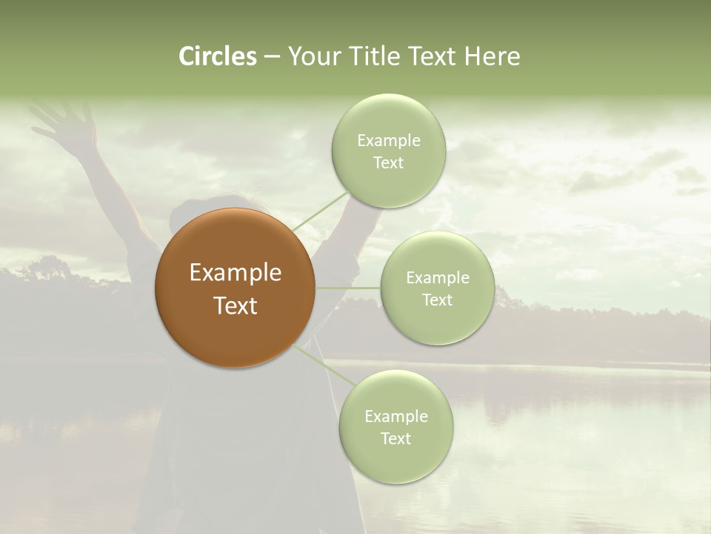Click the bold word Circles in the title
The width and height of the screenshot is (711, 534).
click(x=218, y=56)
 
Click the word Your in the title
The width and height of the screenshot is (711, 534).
click(x=314, y=56)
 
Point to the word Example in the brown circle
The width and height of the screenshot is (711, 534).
click(x=236, y=273)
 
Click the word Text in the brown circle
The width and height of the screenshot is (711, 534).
click(x=236, y=306)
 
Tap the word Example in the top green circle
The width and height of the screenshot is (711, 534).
click(x=389, y=141)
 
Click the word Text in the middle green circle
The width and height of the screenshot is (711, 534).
click(x=437, y=300)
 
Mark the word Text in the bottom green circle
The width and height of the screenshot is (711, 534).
click(x=395, y=438)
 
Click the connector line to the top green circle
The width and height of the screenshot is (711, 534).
click(x=320, y=211)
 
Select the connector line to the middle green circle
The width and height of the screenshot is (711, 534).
click(x=348, y=288)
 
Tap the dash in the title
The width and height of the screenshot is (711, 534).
click(x=272, y=57)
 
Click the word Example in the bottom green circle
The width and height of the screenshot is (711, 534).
click(x=395, y=416)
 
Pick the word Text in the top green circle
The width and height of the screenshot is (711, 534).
click(x=388, y=163)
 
